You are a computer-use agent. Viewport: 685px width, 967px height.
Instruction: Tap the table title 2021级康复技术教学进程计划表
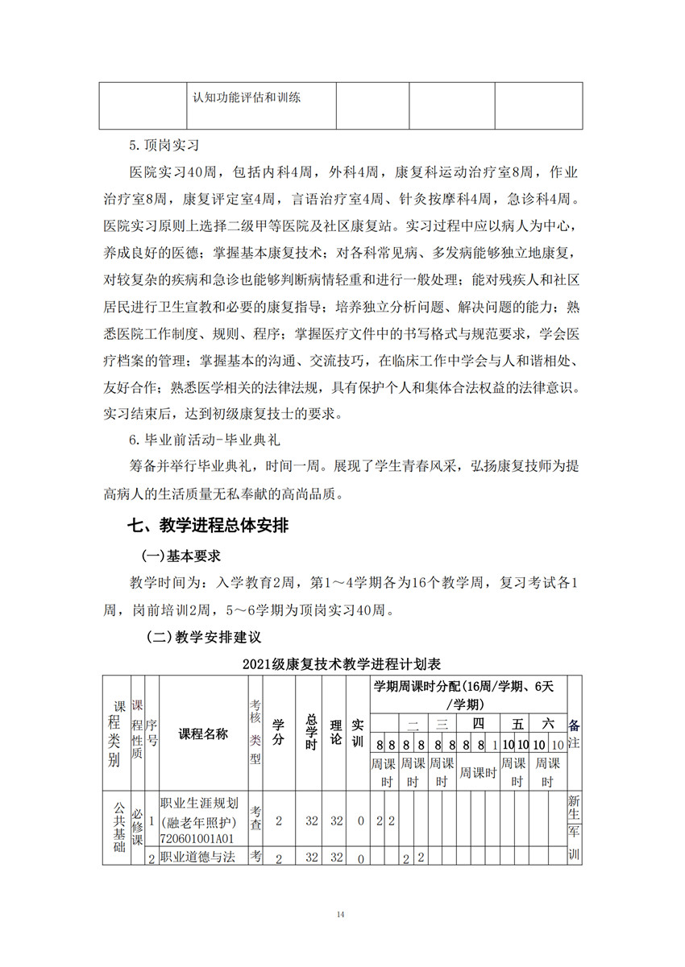342,664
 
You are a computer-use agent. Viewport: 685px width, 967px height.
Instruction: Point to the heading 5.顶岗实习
164,147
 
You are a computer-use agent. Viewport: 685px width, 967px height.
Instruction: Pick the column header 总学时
309,734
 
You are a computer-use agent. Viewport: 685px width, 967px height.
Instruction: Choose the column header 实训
359,734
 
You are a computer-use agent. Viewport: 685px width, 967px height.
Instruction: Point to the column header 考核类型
255,734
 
